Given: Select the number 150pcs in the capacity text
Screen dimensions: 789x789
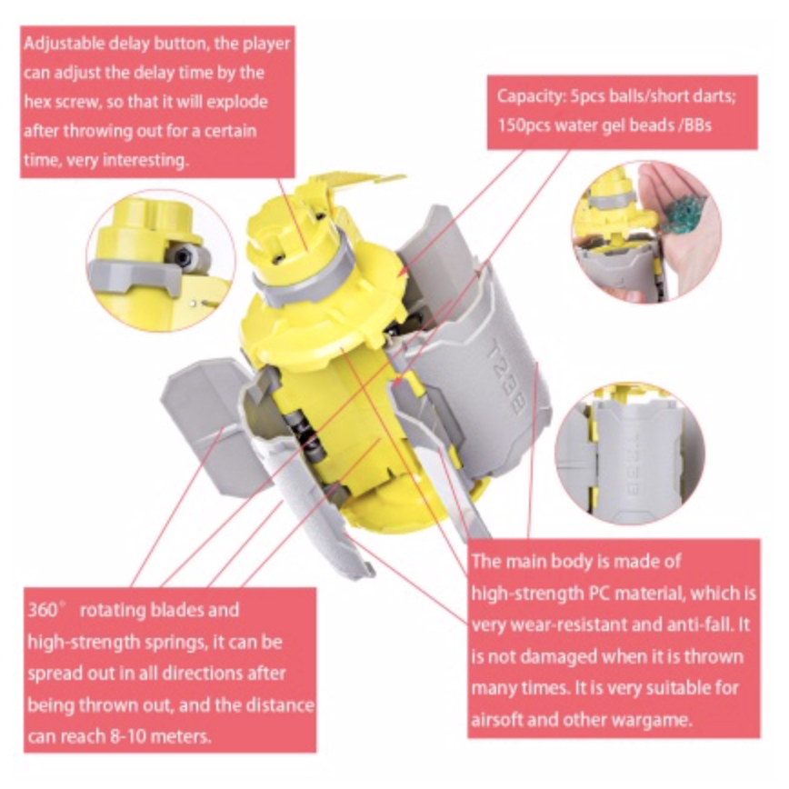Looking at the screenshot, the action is coord(525,125).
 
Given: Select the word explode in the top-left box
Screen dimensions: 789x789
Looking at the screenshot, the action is coord(237,103).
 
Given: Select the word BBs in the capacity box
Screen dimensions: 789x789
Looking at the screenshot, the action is coord(697,125).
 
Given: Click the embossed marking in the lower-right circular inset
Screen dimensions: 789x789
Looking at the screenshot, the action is coord(633,464).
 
